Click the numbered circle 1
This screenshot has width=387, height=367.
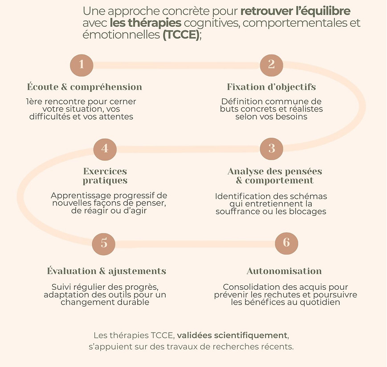click(82, 65)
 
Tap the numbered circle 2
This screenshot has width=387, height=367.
click(271, 65)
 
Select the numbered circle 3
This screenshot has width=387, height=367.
click(271, 148)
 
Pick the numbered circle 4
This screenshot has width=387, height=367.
click(105, 148)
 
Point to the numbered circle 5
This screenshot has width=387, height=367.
click(104, 243)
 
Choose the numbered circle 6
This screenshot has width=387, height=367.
click(286, 243)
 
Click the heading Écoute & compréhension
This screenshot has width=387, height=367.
click(85, 87)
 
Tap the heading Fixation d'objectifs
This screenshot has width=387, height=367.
click(271, 87)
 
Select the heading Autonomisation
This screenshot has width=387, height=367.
click(284, 271)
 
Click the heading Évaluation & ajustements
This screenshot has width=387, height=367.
click(106, 271)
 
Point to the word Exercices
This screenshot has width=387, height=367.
click(105, 171)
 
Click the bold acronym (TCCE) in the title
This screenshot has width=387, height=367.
click(181, 35)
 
